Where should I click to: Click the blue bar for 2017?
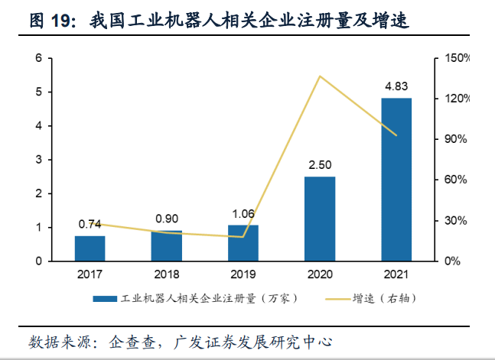click(90, 248)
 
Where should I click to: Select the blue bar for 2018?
click(166, 245)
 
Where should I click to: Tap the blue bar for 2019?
click(243, 243)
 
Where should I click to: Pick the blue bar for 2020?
click(319, 219)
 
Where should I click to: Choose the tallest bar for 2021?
click(396, 180)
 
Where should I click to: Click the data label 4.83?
click(396, 86)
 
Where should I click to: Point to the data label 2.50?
click(319, 165)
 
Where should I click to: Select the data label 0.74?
click(90, 224)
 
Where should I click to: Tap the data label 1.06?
click(243, 213)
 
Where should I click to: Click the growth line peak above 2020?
click(319, 76)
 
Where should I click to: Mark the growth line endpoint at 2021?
click(396, 135)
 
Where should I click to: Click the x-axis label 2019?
click(243, 273)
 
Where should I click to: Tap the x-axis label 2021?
click(396, 273)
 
